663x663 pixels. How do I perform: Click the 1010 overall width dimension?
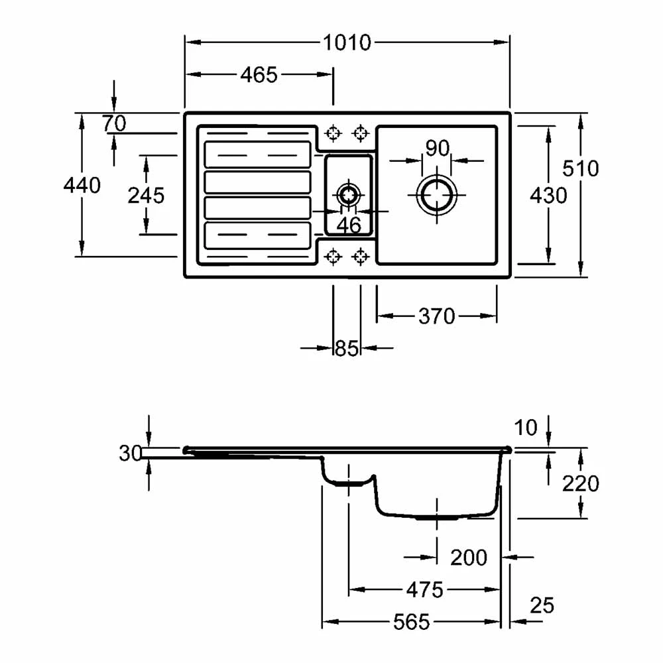pos(347,43)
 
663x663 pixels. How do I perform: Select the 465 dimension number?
pos(259,75)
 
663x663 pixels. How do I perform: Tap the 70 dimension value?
pos(114,123)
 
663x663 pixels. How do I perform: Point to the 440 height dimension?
pos(82,186)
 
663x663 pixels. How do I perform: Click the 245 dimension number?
pos(146,196)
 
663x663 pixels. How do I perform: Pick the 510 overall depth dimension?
pos(580,168)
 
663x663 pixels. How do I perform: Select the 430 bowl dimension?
pos(548,196)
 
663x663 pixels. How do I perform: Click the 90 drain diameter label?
pos(438,148)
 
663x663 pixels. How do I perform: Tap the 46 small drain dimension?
pos(349,225)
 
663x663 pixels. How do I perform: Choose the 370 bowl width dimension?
pos(436,316)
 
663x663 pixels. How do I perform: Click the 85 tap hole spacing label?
pos(346,348)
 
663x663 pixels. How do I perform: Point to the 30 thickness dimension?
pos(131,453)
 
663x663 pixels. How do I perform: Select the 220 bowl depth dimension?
pos(580,483)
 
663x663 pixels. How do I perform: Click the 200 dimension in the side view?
pos(469,558)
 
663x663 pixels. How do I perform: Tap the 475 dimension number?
pos(425,589)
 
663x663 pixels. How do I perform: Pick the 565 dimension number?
pos(411,622)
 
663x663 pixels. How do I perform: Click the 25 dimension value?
pos(542,605)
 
